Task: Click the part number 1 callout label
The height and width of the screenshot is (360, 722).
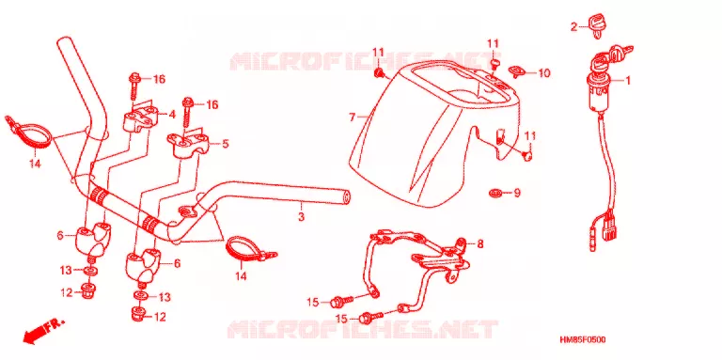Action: pos(627,81)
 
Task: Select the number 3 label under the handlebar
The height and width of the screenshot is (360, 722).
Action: pos(301,216)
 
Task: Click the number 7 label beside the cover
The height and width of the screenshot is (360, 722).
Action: pos(353,117)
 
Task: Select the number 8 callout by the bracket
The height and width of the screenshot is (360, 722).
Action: pos(479,244)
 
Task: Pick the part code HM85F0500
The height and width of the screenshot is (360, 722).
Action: pos(582,339)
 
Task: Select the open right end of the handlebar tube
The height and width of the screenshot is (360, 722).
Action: pos(346,197)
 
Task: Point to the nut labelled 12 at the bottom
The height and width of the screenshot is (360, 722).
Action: pos(136,316)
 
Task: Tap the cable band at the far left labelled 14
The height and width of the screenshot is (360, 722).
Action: pos(27,133)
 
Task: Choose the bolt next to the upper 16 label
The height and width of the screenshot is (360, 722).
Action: pos(134,86)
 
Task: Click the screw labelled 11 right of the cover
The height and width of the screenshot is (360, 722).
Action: pos(527,156)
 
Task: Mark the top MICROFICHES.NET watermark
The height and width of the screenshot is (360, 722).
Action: pos(359,62)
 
